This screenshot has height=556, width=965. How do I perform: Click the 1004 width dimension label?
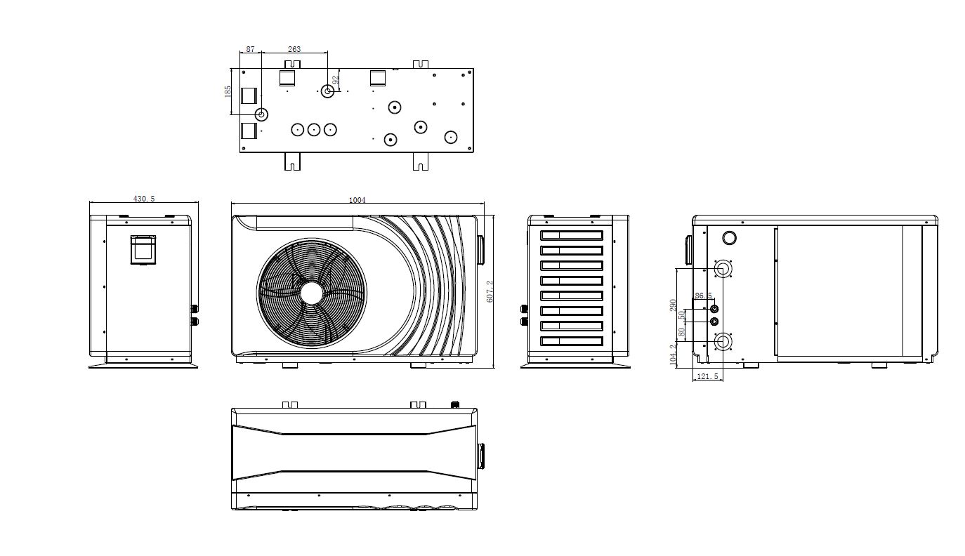click(357, 200)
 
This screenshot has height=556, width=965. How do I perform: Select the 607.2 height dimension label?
click(490, 291)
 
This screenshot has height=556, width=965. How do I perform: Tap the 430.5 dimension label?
click(144, 199)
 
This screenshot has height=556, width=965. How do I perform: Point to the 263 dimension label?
click(294, 49)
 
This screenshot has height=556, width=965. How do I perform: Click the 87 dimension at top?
click(250, 49)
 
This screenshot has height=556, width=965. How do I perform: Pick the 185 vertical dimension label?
click(228, 91)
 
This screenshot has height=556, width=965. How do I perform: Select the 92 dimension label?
click(336, 79)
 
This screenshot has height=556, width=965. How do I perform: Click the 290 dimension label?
click(674, 305)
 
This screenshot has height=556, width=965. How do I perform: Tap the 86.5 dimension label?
click(703, 296)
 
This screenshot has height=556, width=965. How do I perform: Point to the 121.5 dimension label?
click(707, 376)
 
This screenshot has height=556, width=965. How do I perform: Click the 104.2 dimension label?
click(674, 355)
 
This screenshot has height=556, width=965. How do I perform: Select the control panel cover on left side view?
click(143, 249)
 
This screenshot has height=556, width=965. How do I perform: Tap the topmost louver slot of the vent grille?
click(572, 235)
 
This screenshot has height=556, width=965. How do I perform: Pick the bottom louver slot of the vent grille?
click(572, 341)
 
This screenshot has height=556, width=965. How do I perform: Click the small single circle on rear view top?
click(729, 238)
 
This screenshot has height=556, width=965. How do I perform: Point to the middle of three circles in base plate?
click(314, 130)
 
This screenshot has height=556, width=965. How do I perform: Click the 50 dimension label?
click(681, 315)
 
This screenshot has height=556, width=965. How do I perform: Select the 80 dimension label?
click(681, 332)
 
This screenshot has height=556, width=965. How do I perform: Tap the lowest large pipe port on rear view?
click(723, 343)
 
